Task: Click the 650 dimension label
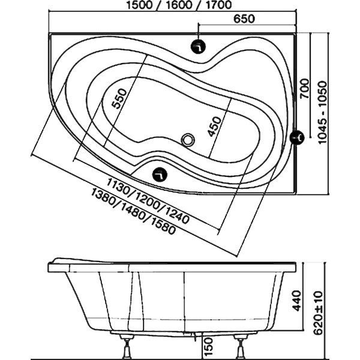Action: tap(244, 19)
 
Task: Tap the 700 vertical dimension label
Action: tap(305, 88)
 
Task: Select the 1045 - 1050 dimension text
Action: tap(323, 112)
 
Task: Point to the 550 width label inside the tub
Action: tap(119, 99)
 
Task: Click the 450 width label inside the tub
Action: tap(214, 127)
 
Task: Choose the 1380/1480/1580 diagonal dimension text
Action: tap(133, 211)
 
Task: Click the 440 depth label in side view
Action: tap(297, 301)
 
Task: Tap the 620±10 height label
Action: tap(319, 313)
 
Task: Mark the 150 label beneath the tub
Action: tap(208, 346)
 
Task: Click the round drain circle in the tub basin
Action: tap(188, 140)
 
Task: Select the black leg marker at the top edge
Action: tap(198, 47)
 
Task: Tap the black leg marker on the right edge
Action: tap(297, 137)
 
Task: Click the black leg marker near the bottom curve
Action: tap(160, 175)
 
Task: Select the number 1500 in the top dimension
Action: tap(139, 5)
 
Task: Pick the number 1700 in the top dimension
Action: tap(218, 5)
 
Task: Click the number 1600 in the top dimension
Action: tap(179, 5)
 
